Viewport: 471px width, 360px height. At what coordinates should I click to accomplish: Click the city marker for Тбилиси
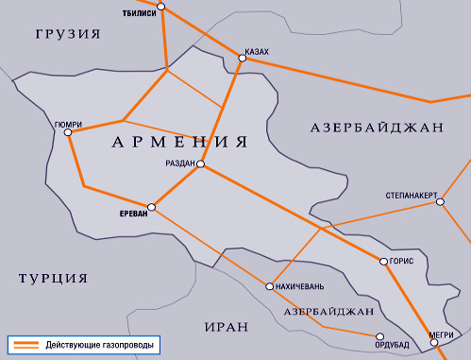pyautogui.click(x=161, y=7)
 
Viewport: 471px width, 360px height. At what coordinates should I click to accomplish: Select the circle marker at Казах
pyautogui.click(x=242, y=59)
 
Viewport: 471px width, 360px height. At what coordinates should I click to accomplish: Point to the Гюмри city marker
pyautogui.click(x=67, y=133)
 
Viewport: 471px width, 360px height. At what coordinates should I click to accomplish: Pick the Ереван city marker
pyautogui.click(x=150, y=205)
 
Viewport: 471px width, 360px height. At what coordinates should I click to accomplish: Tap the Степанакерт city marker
pyautogui.click(x=439, y=201)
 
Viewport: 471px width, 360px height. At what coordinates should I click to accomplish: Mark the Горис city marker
pyautogui.click(x=381, y=261)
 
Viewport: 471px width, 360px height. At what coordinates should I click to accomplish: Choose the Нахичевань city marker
pyautogui.click(x=270, y=286)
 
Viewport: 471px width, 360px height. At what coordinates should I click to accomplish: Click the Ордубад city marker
pyautogui.click(x=378, y=334)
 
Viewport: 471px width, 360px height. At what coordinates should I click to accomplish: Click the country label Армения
pyautogui.click(x=179, y=143)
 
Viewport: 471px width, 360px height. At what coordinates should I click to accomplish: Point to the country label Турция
pyautogui.click(x=53, y=278)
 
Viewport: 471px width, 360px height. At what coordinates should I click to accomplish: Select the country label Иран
pyautogui.click(x=226, y=327)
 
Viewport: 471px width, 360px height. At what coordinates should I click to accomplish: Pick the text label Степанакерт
pyautogui.click(x=412, y=194)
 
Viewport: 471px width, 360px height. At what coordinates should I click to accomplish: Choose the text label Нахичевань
pyautogui.click(x=301, y=286)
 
